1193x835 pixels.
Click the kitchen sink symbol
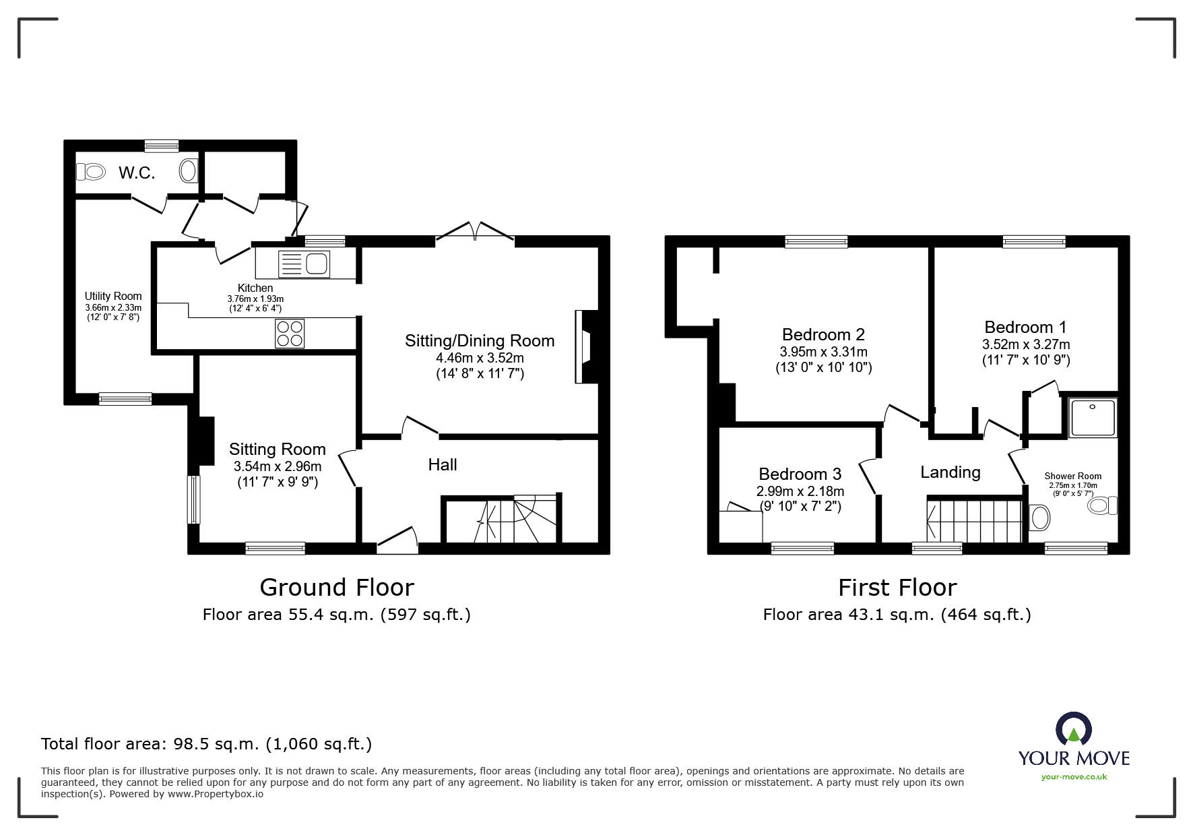click(304, 264)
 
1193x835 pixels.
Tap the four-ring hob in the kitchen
click(290, 333)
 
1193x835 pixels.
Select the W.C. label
click(137, 173)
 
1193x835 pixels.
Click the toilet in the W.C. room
click(90, 172)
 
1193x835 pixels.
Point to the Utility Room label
click(113, 296)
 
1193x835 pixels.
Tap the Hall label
click(443, 464)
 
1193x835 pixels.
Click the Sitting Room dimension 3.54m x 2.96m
click(277, 466)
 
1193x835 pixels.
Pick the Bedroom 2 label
click(823, 334)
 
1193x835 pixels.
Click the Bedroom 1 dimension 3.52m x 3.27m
click(1025, 344)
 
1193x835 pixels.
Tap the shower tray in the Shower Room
click(1092, 418)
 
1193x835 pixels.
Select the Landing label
click(950, 472)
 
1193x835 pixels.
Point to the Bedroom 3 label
click(800, 474)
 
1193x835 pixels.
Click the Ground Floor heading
click(336, 587)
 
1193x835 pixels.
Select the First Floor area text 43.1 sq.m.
click(897, 614)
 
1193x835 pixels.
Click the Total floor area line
click(206, 744)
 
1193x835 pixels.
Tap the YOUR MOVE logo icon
click(1073, 729)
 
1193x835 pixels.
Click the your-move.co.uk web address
click(1074, 776)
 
